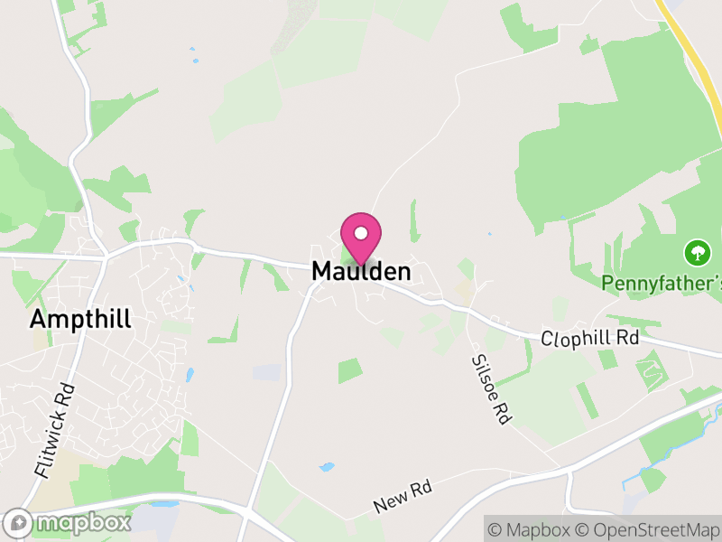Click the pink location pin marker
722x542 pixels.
click(361, 238)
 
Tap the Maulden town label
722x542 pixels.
click(361, 271)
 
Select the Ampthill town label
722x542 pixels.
click(80, 319)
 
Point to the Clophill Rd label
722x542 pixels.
click(590, 338)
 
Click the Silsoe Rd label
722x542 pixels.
click(490, 388)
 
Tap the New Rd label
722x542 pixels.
click(403, 496)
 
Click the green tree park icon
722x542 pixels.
click(696, 250)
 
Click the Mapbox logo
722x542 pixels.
click(69, 522)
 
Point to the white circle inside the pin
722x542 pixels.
click(361, 233)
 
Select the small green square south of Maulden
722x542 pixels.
click(350, 370)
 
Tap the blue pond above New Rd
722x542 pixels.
click(326, 468)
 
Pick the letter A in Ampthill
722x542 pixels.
click(38, 319)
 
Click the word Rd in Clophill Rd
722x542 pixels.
click(626, 337)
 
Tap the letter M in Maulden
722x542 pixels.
click(322, 271)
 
